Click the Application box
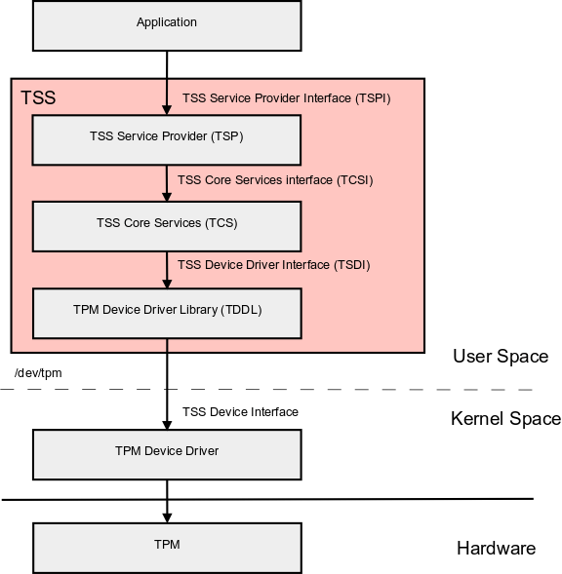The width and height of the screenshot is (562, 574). point(166,24)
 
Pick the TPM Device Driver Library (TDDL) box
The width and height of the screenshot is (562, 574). point(166,312)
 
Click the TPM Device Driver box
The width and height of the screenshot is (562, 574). point(166,453)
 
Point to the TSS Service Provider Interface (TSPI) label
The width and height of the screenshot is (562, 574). point(286,98)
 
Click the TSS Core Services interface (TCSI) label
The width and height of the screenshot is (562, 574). point(275,180)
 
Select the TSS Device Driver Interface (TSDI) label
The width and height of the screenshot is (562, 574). point(274,265)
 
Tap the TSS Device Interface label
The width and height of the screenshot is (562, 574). point(240,412)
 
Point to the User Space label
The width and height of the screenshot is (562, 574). point(500,357)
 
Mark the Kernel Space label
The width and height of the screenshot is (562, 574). point(505,419)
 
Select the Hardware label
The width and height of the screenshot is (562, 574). point(496,549)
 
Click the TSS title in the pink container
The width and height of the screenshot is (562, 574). point(38,98)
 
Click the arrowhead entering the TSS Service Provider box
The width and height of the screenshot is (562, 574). point(167,110)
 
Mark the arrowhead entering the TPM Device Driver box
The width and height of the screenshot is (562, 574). point(167,424)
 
